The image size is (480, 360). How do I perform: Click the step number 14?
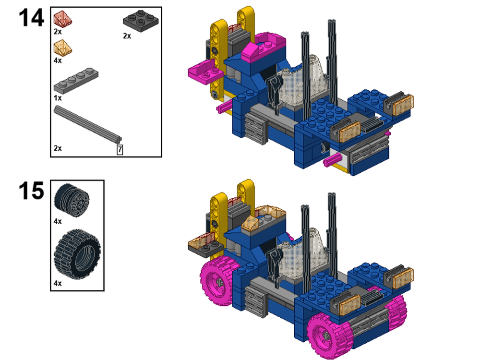click(x=31, y=18)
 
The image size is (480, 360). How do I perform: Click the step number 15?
click(x=31, y=191)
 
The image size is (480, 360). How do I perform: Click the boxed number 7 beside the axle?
click(x=120, y=150)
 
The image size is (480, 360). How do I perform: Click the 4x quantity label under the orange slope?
click(x=58, y=61)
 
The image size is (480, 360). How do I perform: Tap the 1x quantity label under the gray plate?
click(x=58, y=97)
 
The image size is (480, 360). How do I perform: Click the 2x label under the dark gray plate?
click(x=127, y=36)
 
